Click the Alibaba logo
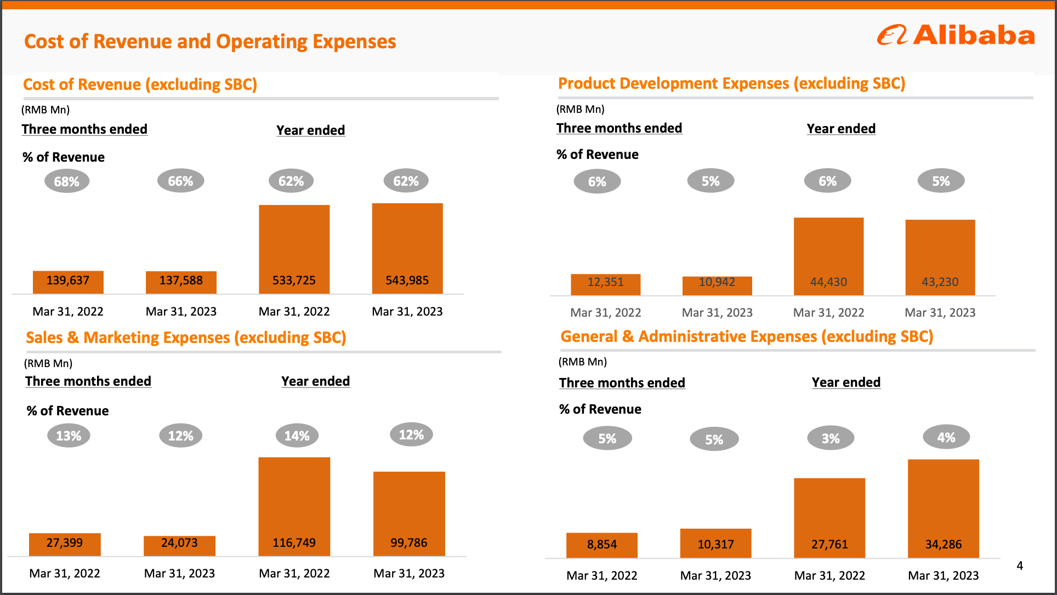(956, 35)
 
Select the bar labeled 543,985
(407, 248)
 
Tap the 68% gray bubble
(67, 181)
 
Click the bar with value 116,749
(294, 506)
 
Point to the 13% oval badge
(69, 436)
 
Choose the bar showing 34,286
(943, 508)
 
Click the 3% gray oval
(831, 438)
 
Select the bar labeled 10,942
(717, 285)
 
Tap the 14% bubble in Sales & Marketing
(297, 436)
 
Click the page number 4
(1020, 565)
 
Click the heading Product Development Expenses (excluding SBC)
(731, 83)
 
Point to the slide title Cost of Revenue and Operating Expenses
(210, 42)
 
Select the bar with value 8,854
(602, 545)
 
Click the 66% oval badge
(180, 181)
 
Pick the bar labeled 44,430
(828, 256)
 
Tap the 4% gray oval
(946, 437)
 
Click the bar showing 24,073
(179, 545)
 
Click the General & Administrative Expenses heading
(747, 336)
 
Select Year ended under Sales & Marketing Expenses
(315, 381)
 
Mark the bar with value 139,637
(68, 282)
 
